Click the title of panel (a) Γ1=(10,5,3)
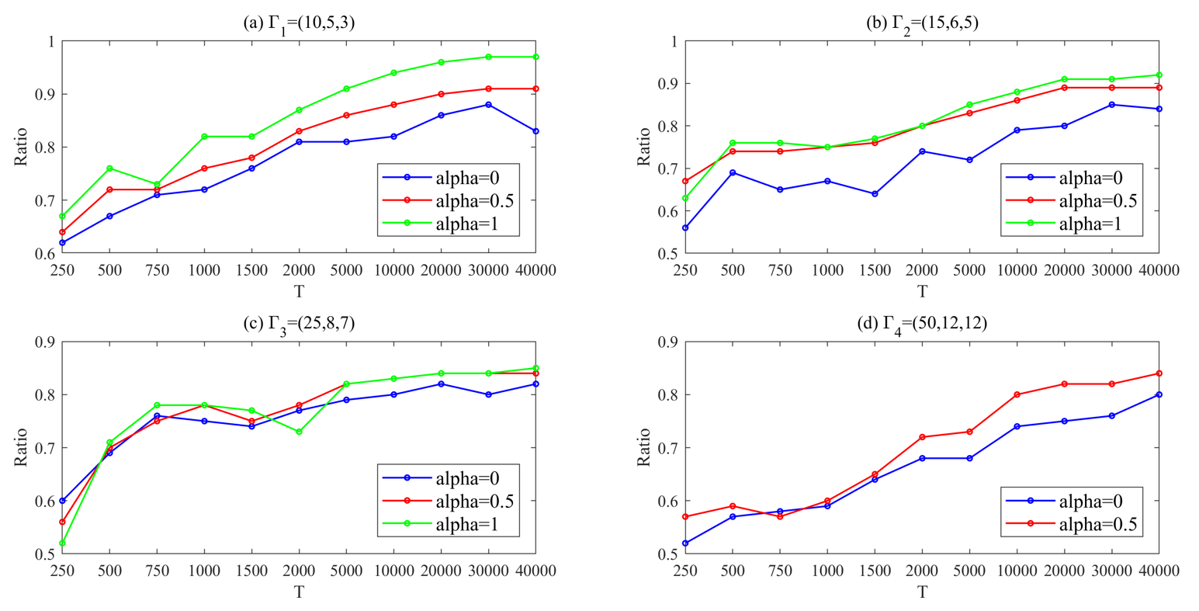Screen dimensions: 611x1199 point(299,23)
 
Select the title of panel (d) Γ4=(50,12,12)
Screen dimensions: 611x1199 point(922,325)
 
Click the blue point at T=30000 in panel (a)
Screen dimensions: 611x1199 point(488,104)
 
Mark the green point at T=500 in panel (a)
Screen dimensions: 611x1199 point(109,168)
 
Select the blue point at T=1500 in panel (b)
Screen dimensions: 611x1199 point(875,194)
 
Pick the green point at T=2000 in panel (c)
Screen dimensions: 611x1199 point(299,432)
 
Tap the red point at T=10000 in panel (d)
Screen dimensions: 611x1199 point(1017,394)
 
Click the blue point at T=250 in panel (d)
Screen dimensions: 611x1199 point(685,543)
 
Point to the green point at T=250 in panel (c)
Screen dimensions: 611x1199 point(62,543)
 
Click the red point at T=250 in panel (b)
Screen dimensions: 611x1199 point(685,181)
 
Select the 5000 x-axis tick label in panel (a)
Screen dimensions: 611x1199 point(346,269)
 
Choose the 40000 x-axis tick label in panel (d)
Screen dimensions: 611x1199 point(1159,571)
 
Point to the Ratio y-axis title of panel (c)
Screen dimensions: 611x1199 point(21,447)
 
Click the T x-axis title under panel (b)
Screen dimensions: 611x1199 point(922,291)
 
